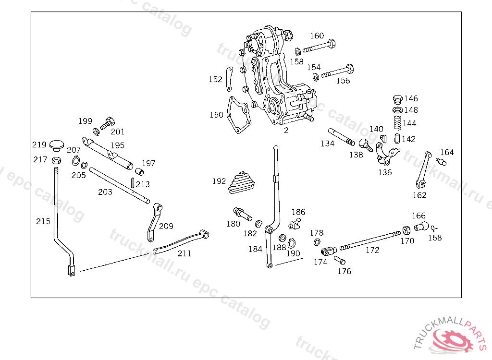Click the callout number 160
(317, 36)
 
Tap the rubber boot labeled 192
(244, 183)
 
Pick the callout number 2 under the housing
(286, 130)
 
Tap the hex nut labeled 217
(56, 160)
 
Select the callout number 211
(184, 253)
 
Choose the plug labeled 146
(397, 99)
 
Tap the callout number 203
(105, 192)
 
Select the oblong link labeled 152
(229, 79)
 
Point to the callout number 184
(255, 249)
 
